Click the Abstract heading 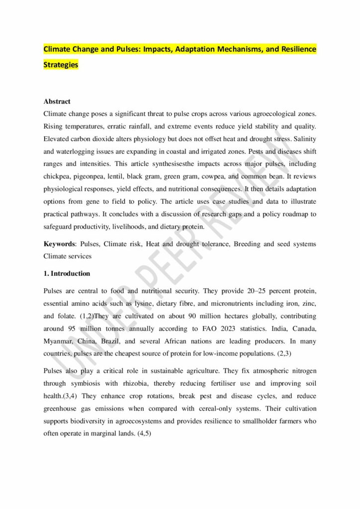point(57,101)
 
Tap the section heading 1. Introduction point(67,273)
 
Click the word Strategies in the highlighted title point(61,65)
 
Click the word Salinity point(303,139)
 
